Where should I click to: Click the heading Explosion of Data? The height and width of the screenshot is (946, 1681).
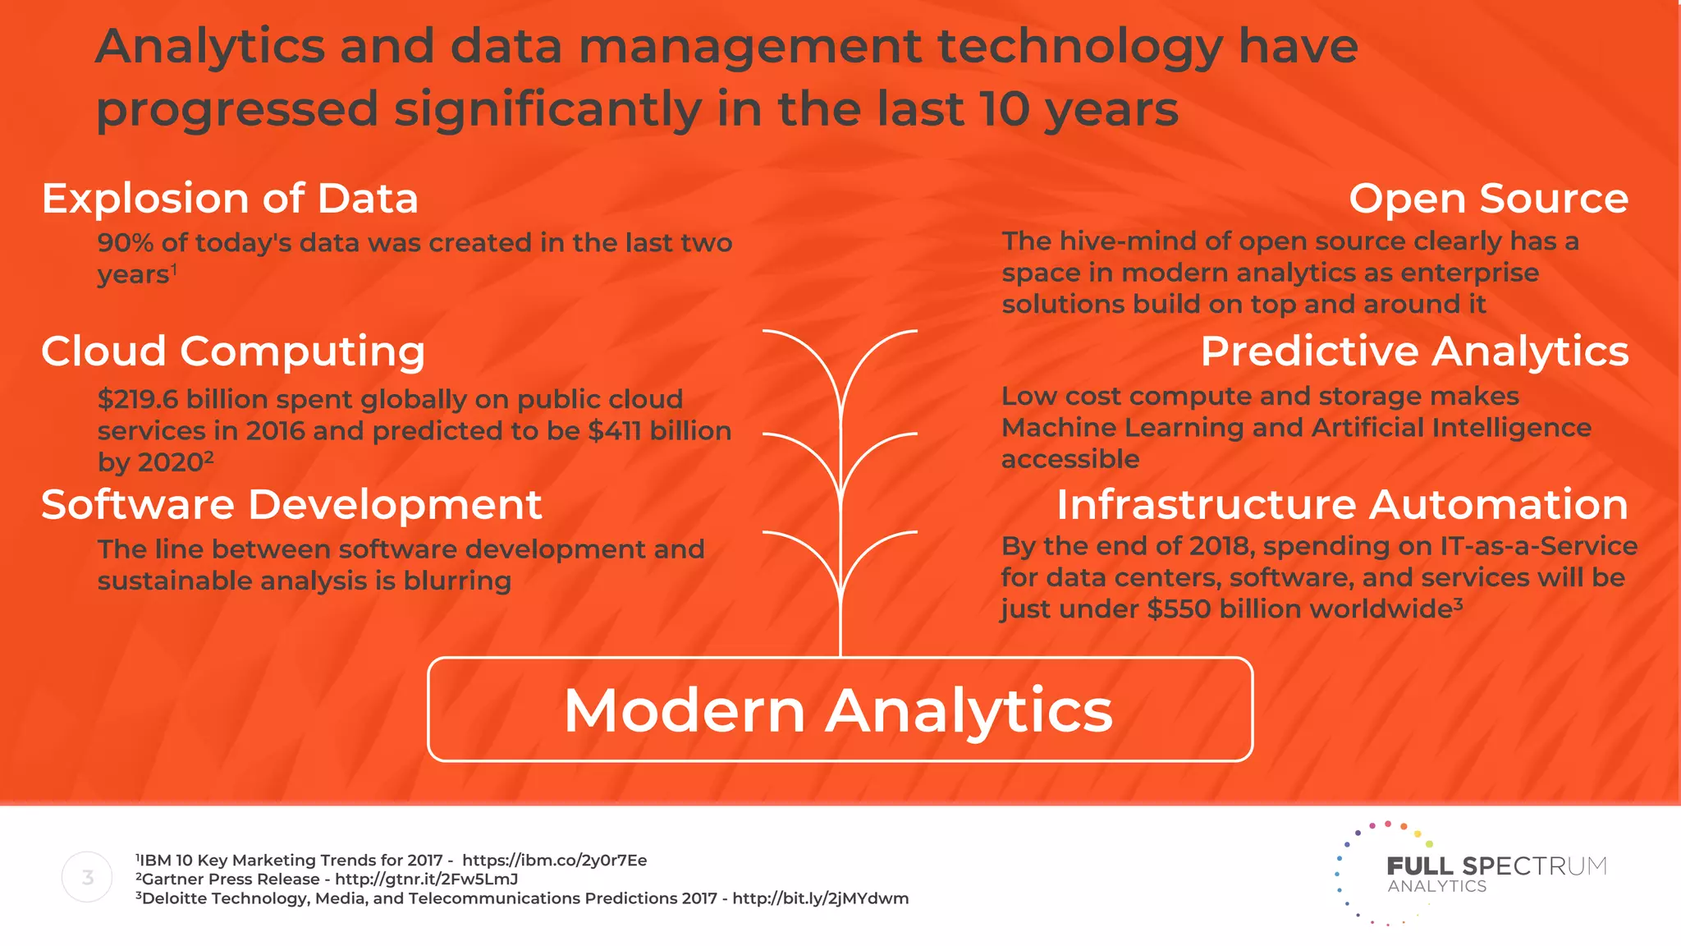(230, 199)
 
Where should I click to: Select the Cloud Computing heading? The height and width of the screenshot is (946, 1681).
(233, 351)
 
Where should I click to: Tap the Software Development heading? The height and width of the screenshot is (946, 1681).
(291, 504)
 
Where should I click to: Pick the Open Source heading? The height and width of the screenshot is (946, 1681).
(1488, 199)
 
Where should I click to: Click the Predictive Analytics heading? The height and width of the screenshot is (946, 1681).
(1414, 351)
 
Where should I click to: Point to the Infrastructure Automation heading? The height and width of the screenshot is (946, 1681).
(1342, 504)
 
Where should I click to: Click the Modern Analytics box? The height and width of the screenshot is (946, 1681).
(840, 709)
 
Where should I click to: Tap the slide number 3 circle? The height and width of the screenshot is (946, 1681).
(87, 877)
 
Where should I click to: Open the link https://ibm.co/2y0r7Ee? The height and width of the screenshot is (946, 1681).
(554, 860)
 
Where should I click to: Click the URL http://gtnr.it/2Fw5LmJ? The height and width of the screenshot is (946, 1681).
(426, 879)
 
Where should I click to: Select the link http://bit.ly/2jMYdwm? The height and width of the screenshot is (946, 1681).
(820, 898)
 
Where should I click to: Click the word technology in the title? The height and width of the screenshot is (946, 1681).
(1079, 46)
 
